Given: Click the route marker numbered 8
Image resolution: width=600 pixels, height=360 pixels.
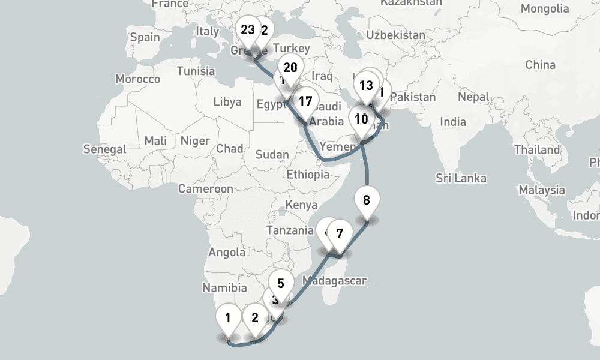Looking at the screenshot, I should (367, 197).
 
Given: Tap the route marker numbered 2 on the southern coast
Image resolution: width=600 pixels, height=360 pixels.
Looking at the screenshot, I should (255, 318).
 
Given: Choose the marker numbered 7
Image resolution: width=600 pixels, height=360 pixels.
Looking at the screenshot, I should (339, 233).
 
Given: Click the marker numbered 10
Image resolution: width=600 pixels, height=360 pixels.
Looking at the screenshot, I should (361, 118).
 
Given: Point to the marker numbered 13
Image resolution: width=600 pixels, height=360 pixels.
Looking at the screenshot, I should (366, 85).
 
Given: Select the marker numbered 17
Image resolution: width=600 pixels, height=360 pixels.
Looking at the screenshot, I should (305, 101).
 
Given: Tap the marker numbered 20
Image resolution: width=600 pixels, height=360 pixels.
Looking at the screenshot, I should (290, 68).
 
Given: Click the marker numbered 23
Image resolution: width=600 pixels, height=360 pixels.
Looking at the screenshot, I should (247, 29).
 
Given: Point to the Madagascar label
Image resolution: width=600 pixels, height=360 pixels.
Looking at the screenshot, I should (334, 280).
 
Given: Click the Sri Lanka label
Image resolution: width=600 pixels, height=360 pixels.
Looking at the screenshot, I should (461, 178).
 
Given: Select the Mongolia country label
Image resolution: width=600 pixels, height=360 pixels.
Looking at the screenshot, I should (545, 8).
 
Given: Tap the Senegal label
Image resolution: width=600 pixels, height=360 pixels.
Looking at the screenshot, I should (105, 149).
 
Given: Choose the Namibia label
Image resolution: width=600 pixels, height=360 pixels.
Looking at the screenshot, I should (224, 289).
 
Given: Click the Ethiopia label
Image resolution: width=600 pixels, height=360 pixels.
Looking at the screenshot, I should (308, 175).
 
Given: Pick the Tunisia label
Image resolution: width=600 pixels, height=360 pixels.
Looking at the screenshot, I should (196, 71).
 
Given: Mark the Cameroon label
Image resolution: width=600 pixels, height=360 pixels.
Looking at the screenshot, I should (205, 189).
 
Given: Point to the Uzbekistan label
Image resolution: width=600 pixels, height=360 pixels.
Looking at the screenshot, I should (395, 35).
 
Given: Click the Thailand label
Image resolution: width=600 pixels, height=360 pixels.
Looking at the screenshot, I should (536, 149).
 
